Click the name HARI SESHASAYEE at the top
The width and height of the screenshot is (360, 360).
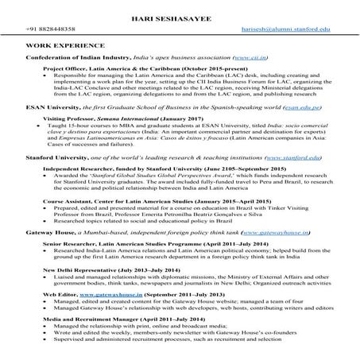tap(180, 16)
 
